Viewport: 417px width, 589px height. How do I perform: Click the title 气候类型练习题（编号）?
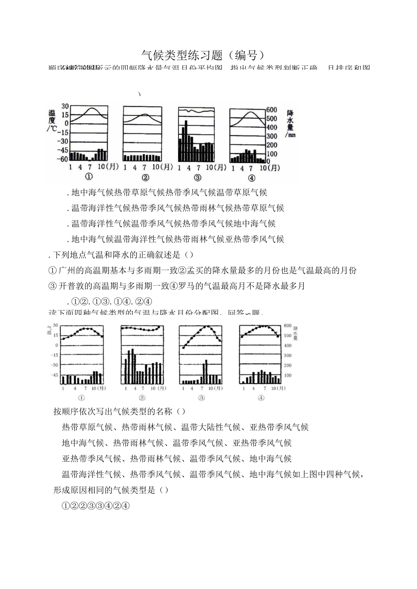coord(204,55)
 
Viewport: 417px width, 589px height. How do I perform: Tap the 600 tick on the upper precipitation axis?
coord(272,110)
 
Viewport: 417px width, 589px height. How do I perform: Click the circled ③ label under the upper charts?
coord(198,178)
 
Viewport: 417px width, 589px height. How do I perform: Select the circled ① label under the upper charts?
coord(89,177)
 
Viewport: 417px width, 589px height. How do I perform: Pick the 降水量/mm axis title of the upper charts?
coord(290,123)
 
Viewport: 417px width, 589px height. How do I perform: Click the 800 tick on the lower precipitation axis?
coord(288,326)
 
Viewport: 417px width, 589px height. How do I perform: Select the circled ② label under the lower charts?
coord(142,398)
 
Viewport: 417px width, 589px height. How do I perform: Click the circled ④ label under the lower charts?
coord(261,398)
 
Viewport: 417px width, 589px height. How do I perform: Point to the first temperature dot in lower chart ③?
coord(183,348)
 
